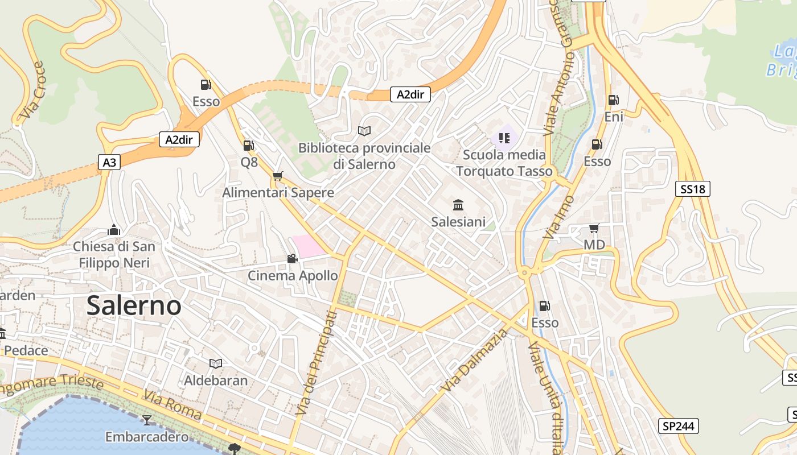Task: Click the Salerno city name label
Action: [134, 306]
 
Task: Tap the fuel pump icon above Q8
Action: [248, 146]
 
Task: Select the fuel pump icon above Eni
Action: [613, 100]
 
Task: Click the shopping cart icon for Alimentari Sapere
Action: [277, 176]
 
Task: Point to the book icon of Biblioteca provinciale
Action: [364, 131]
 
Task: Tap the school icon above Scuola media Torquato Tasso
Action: [504, 138]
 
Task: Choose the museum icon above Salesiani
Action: [458, 205]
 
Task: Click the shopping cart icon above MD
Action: [594, 229]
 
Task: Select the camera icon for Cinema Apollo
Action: [292, 259]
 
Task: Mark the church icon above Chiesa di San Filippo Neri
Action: [114, 230]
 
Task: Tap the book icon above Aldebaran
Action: [216, 363]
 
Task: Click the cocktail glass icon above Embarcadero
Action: [147, 420]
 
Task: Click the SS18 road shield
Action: [693, 189]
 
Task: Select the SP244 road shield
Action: [679, 426]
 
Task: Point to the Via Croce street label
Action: [31, 91]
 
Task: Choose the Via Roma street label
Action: [172, 404]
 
